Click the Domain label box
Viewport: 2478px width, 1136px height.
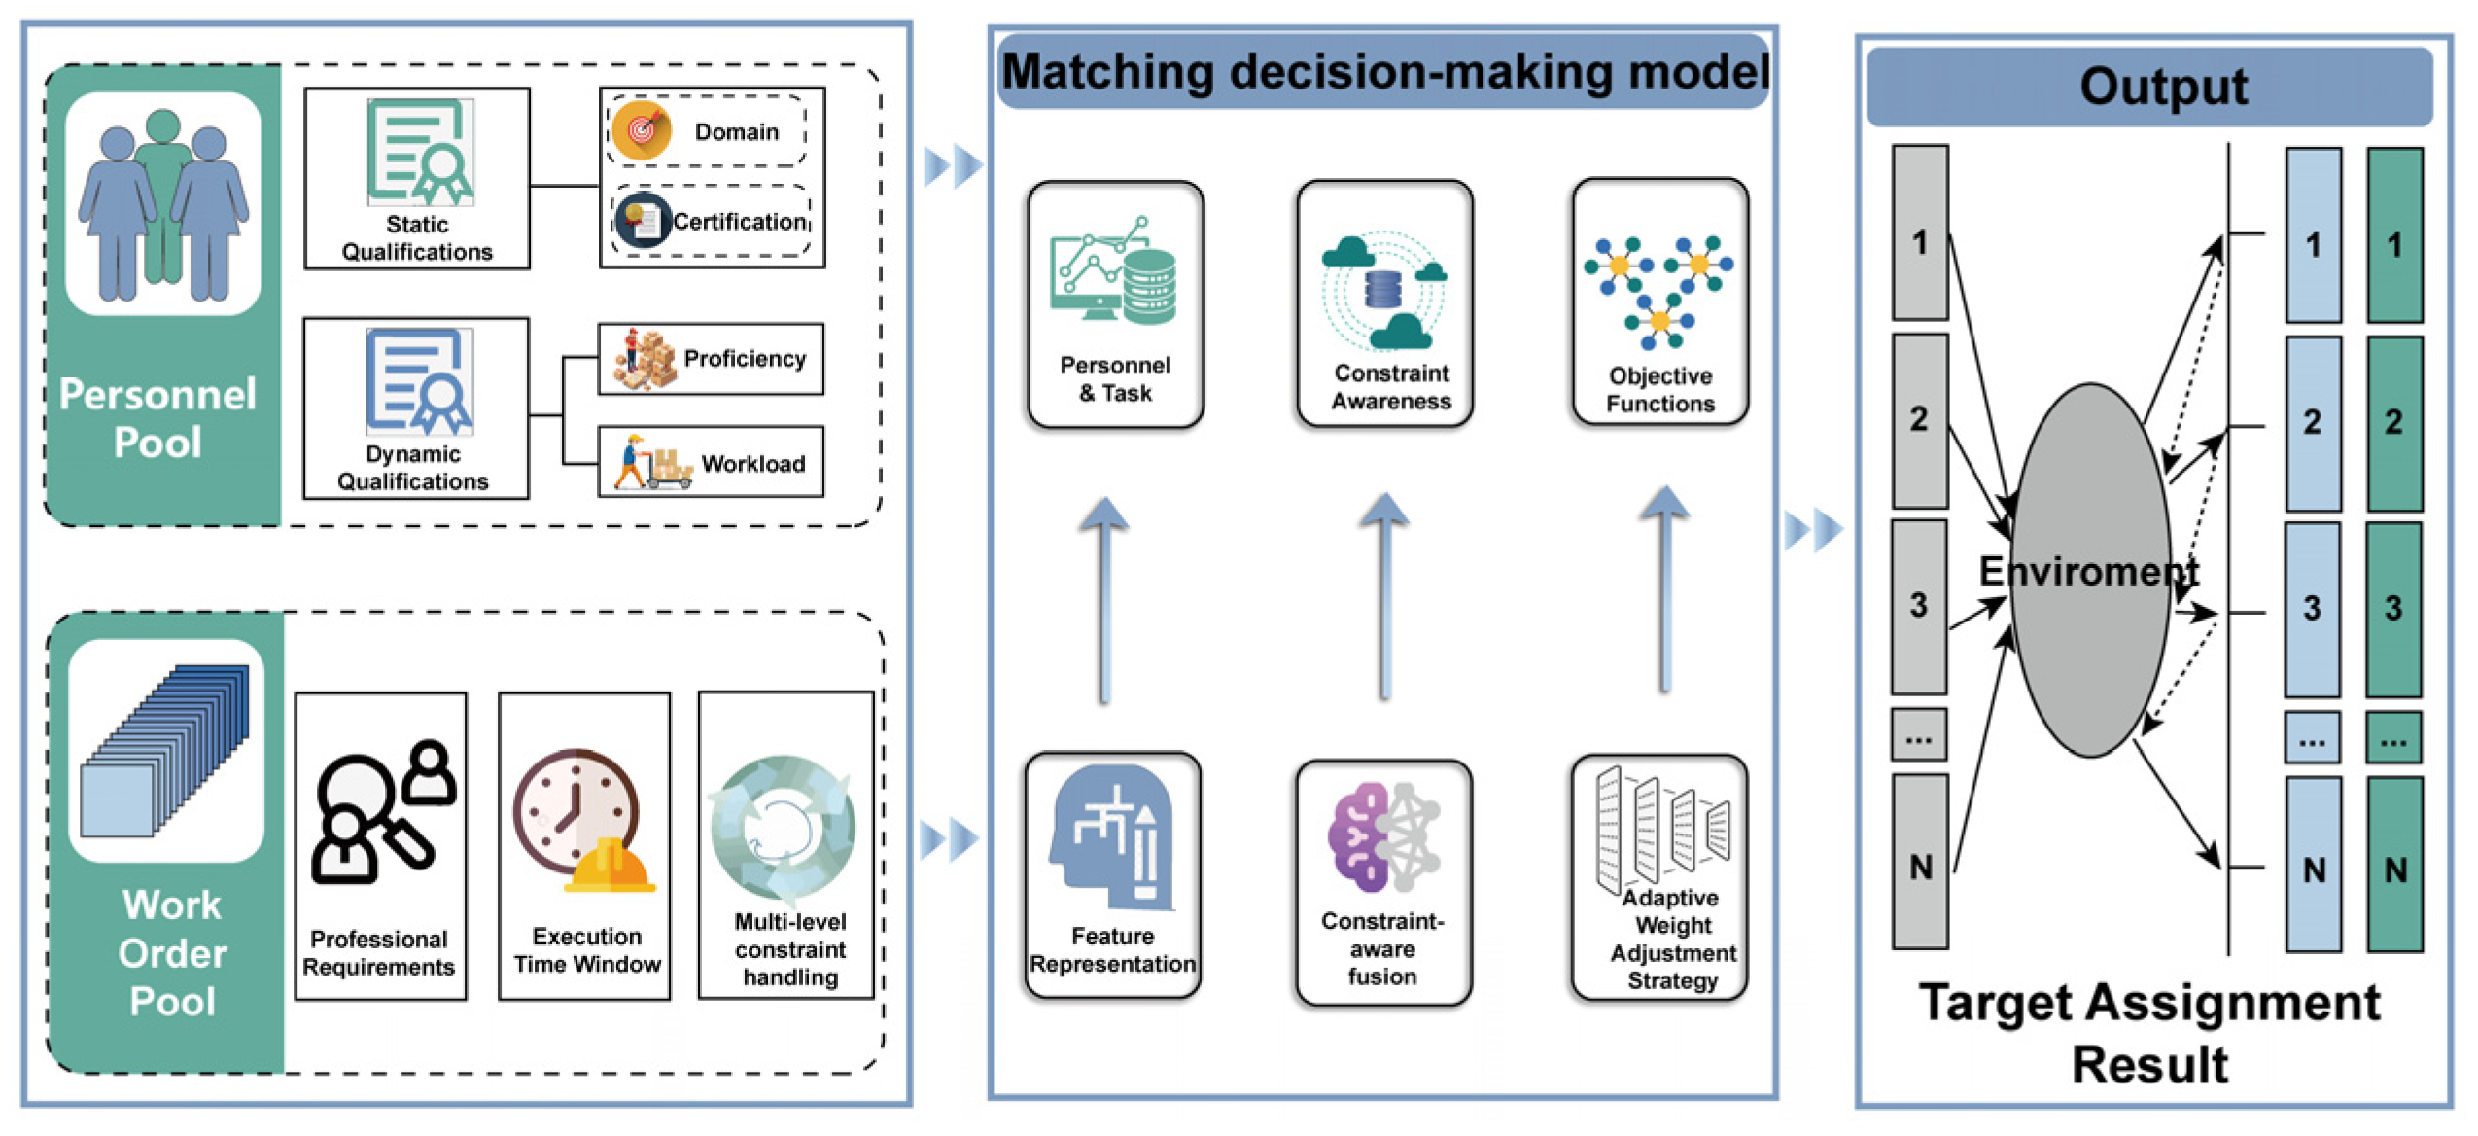pyautogui.click(x=707, y=131)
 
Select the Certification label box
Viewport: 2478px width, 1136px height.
pyautogui.click(x=711, y=221)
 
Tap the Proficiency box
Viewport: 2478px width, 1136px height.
pyautogui.click(x=711, y=359)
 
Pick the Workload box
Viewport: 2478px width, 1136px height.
pyautogui.click(x=711, y=462)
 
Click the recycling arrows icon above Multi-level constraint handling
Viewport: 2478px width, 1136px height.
pyautogui.click(x=784, y=828)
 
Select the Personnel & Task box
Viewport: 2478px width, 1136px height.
pyautogui.click(x=1115, y=304)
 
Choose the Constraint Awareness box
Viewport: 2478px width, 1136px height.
pyautogui.click(x=1384, y=303)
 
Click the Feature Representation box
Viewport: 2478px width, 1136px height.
pyautogui.click(x=1112, y=874)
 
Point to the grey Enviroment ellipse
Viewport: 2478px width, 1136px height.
pyautogui.click(x=2090, y=569)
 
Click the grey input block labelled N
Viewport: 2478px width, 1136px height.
pyautogui.click(x=1920, y=862)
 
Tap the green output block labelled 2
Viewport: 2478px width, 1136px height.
pyautogui.click(x=2393, y=423)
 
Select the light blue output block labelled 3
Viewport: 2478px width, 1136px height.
pyautogui.click(x=2312, y=609)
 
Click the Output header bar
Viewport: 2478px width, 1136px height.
pyautogui.click(x=2148, y=87)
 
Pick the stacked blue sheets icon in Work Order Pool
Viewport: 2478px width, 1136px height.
pyautogui.click(x=166, y=750)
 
